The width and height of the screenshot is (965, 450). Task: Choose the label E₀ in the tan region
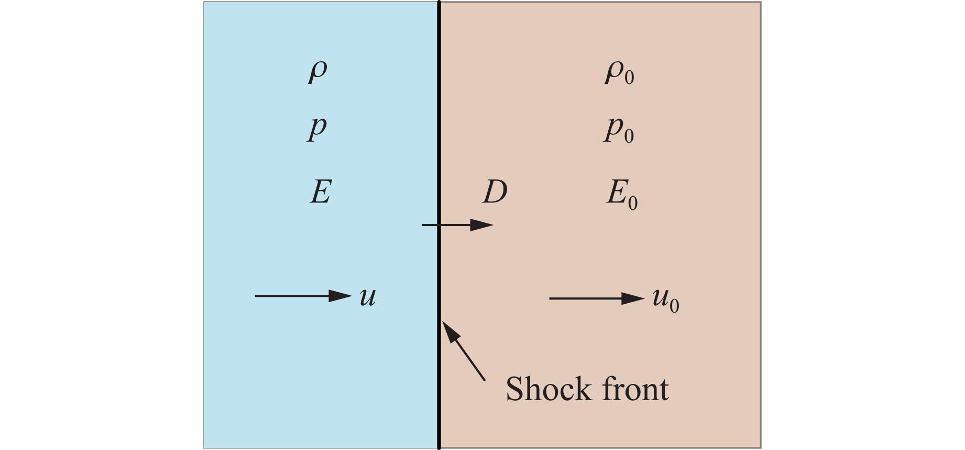622,194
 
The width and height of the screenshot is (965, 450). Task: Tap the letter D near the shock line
495,192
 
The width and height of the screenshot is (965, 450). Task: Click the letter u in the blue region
368,297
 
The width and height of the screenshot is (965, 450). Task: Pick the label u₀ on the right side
665,299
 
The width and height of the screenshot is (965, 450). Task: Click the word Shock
548,389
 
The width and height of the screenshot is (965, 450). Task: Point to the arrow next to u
302,296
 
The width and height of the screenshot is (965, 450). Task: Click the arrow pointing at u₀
596,298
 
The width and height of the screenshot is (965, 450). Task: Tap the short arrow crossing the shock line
457,225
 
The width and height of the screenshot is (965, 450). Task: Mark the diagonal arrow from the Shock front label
464,350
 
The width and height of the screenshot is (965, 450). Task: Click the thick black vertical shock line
439,131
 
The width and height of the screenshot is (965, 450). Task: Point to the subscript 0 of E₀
632,202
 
